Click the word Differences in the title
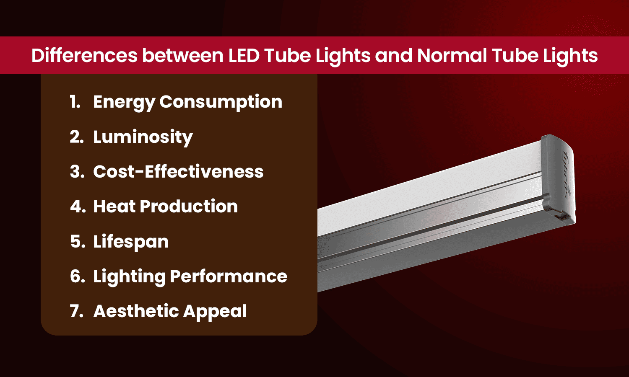84,56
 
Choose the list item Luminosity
143,137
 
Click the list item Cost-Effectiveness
178,172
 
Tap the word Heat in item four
114,207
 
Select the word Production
188,207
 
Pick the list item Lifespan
131,242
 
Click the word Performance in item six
229,276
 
